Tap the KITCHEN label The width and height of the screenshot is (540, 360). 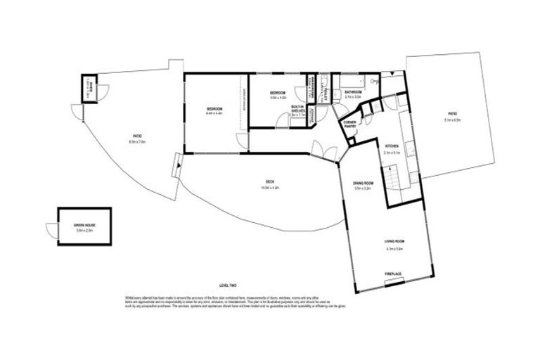pyautogui.click(x=392, y=147)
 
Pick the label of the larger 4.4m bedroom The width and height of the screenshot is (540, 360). pyautogui.click(x=214, y=109)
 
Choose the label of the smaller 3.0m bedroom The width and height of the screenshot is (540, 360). pyautogui.click(x=278, y=94)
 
